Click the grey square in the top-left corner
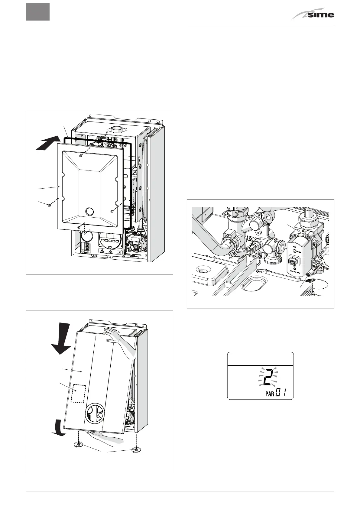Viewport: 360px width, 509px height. tap(37, 12)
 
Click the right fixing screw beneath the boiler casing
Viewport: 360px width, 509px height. tap(136, 451)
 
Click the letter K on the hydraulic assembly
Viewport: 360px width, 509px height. tap(251, 239)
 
